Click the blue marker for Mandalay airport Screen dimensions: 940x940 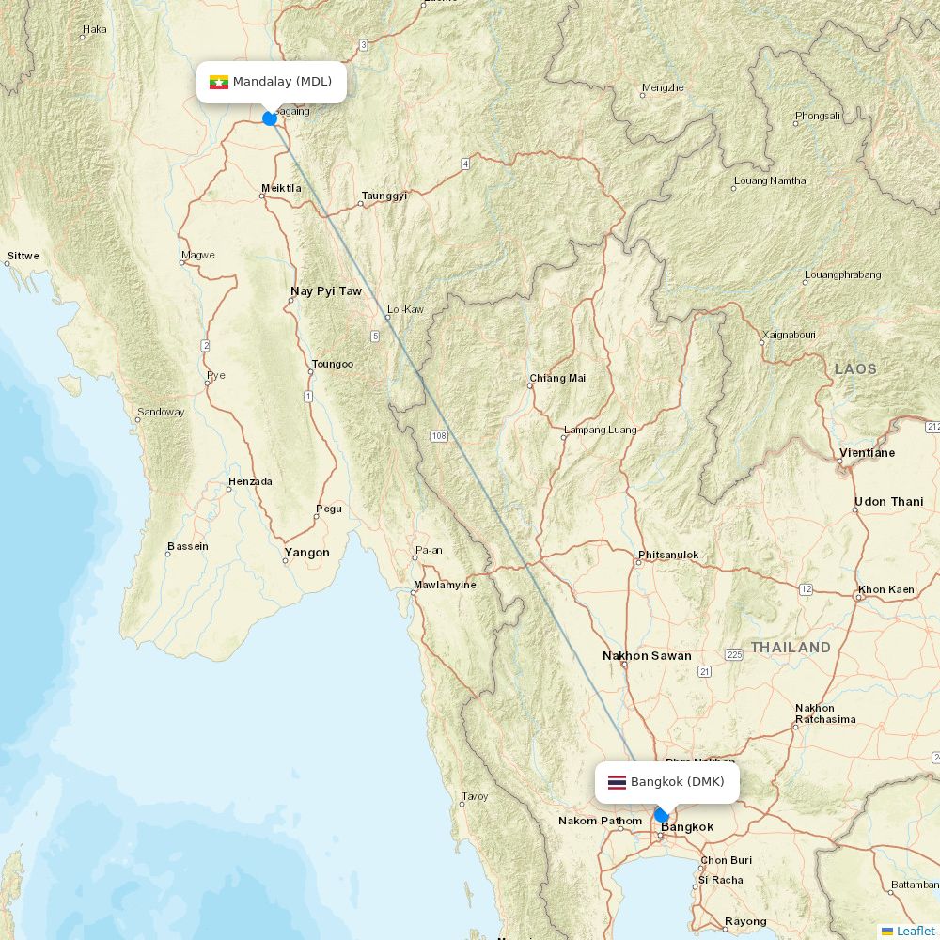270,118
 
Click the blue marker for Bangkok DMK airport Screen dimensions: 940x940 662,816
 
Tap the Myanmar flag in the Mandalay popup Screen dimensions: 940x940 219,82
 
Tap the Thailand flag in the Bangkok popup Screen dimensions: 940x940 617,782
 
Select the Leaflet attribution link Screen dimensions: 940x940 915,931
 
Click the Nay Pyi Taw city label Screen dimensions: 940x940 325,291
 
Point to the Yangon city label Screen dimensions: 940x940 306,553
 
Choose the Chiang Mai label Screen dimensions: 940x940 557,378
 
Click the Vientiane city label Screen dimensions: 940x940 867,453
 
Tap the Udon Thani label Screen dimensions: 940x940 888,502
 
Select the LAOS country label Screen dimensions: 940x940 855,369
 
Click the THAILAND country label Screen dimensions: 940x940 791,648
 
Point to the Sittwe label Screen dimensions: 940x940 23,256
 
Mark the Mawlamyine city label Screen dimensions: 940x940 445,585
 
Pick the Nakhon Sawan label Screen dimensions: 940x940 647,656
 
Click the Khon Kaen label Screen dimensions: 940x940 885,590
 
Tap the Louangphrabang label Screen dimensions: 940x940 842,274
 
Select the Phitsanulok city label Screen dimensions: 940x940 668,555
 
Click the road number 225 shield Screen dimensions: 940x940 734,654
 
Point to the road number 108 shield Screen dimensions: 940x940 439,436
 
